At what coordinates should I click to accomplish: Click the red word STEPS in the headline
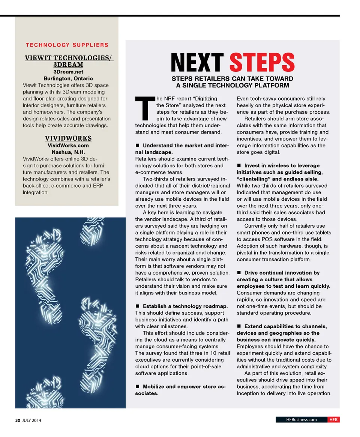[262, 63]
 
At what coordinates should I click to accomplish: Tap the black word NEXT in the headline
[197, 63]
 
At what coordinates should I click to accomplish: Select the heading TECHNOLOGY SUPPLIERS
[67, 45]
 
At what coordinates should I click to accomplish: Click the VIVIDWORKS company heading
[68, 138]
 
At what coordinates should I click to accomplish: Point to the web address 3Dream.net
[68, 72]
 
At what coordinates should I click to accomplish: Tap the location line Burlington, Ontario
[68, 78]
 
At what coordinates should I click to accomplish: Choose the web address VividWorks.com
[68, 145]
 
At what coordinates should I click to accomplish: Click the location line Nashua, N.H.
[68, 152]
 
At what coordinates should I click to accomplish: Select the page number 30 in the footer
[17, 420]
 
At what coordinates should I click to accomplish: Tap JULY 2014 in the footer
[31, 420]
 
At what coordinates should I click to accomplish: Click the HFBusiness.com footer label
[301, 420]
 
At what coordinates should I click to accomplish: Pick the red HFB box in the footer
[334, 420]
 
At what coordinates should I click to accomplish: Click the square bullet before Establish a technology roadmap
[138, 306]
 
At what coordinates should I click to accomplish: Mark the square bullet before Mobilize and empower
[138, 387]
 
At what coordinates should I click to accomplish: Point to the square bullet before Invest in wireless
[239, 165]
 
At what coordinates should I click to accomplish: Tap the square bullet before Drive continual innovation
[239, 273]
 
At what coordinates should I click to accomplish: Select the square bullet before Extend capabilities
[239, 326]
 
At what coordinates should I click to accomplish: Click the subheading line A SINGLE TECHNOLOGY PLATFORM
[232, 86]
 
